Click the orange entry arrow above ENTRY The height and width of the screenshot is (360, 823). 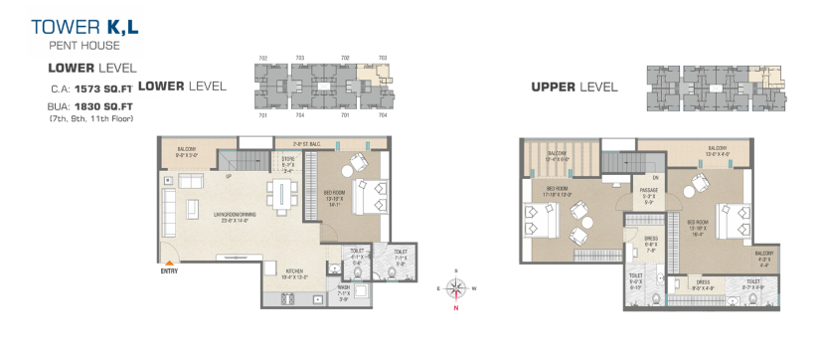tap(170, 261)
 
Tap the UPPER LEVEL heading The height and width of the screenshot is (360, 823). tap(574, 87)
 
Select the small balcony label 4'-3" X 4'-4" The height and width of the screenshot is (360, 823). tap(766, 259)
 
